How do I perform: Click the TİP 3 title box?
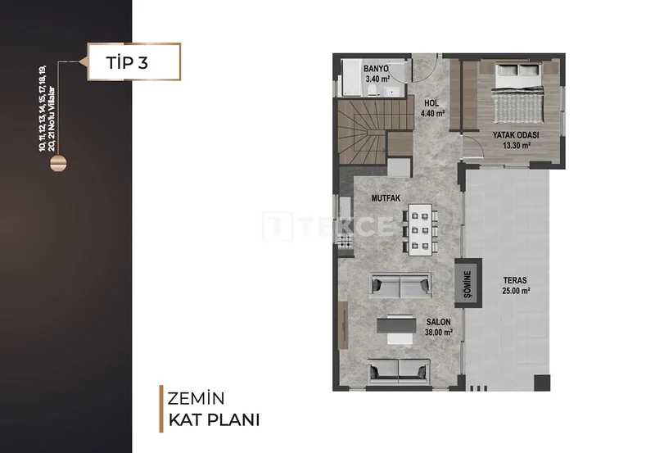(x=134, y=62)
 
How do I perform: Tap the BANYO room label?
(x=376, y=69)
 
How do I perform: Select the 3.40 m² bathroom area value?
(x=377, y=79)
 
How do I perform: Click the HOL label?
(x=431, y=102)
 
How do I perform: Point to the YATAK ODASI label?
(x=516, y=135)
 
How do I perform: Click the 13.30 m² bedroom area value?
(x=517, y=146)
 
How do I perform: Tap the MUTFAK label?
(x=386, y=198)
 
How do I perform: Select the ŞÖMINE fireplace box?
(x=468, y=283)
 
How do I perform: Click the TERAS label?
(x=515, y=280)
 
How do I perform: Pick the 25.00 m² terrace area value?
(x=517, y=291)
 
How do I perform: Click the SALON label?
(x=439, y=322)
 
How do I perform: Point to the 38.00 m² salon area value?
(x=439, y=333)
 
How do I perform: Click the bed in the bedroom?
(x=518, y=93)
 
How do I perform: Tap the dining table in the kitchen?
(x=420, y=229)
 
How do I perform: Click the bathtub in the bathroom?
(x=352, y=77)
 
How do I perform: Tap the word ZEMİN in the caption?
(x=196, y=399)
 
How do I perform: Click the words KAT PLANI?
(x=214, y=420)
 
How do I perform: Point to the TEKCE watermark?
(x=329, y=226)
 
